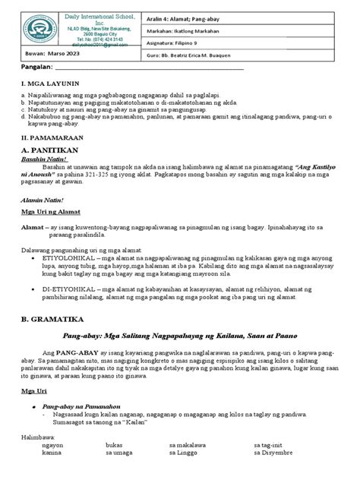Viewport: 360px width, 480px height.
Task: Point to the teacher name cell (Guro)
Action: click(236, 56)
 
